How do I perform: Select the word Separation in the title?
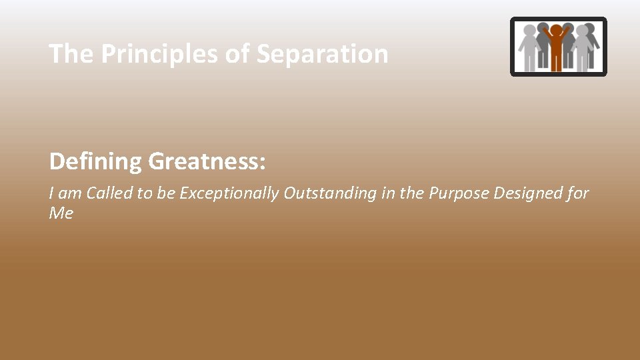click(322, 54)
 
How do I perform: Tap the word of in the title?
click(237, 54)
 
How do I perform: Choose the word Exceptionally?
click(229, 193)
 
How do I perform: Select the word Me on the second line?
click(61, 214)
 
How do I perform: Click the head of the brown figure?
click(556, 31)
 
